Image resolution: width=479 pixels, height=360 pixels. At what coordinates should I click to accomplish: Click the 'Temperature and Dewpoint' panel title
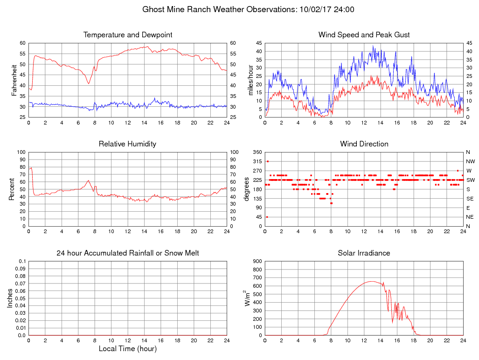pyautogui.click(x=128, y=35)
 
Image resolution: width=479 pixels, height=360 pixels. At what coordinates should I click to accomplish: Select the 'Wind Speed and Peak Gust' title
pyautogui.click(x=364, y=35)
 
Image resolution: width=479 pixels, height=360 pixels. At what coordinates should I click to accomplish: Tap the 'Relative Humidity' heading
pyautogui.click(x=127, y=144)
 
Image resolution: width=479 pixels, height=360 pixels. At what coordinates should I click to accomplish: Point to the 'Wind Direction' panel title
pyautogui.click(x=364, y=144)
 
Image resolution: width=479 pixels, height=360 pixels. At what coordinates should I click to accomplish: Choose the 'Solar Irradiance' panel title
pyautogui.click(x=364, y=253)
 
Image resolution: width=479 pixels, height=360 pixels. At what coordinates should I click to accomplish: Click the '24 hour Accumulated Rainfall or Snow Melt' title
pyautogui.click(x=128, y=253)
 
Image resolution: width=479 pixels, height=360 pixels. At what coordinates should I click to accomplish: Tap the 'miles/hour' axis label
pyautogui.click(x=250, y=80)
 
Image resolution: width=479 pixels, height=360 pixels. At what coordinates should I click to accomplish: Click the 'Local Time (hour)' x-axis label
pyautogui.click(x=128, y=349)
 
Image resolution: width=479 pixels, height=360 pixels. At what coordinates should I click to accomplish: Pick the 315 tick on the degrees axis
pyautogui.click(x=257, y=161)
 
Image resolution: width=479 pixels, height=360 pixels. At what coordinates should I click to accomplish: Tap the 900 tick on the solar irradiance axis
pyautogui.click(x=257, y=261)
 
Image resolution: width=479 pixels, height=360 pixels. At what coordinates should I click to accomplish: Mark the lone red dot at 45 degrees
pyautogui.click(x=267, y=217)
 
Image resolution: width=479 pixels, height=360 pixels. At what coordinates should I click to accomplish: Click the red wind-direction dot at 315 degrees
pyautogui.click(x=268, y=161)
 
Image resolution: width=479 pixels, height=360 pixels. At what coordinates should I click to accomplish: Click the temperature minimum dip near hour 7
pyautogui.click(x=88, y=83)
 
